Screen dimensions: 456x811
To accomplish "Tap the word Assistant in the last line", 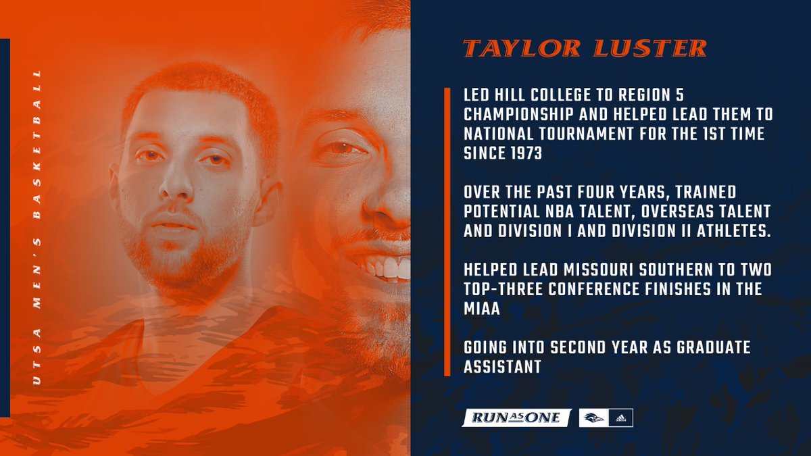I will pyautogui.click(x=501, y=368).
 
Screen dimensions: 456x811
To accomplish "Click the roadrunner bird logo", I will pyautogui.click(x=592, y=418).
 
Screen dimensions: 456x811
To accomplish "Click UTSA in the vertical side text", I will pyautogui.click(x=37, y=369).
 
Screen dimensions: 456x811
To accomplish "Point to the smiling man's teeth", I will pyautogui.click(x=389, y=268).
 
